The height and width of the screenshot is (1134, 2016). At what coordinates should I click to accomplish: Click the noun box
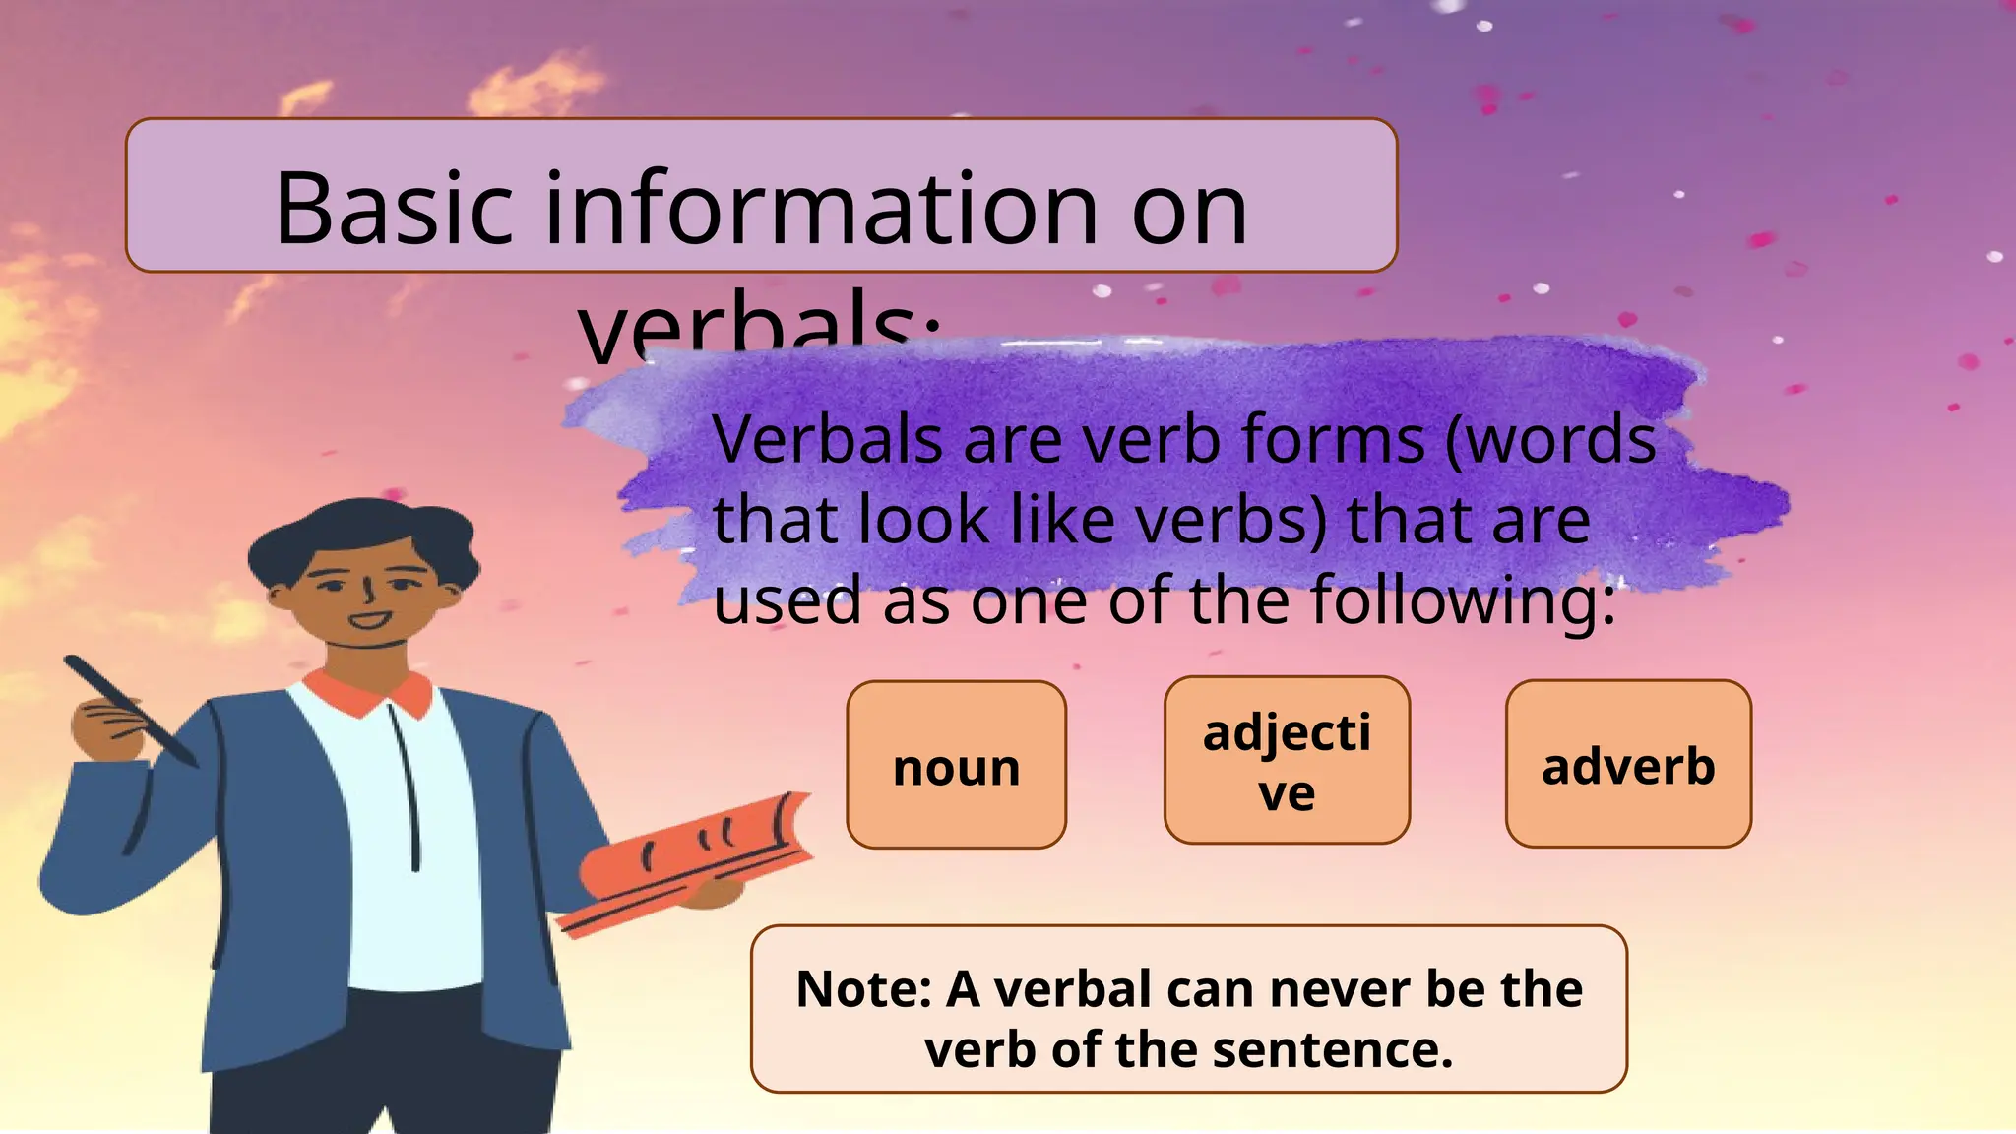coord(956,765)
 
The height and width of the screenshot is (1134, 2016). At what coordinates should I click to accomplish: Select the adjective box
coord(1287,760)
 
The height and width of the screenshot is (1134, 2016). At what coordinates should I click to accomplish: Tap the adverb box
coord(1628,764)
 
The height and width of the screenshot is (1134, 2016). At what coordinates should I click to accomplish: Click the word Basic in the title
coord(394,209)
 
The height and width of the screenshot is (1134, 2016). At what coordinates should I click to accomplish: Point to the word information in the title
coord(821,209)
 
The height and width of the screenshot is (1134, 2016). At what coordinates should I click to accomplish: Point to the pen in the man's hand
coord(128,709)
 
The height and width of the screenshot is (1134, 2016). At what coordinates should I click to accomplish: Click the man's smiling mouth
coord(370,620)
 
